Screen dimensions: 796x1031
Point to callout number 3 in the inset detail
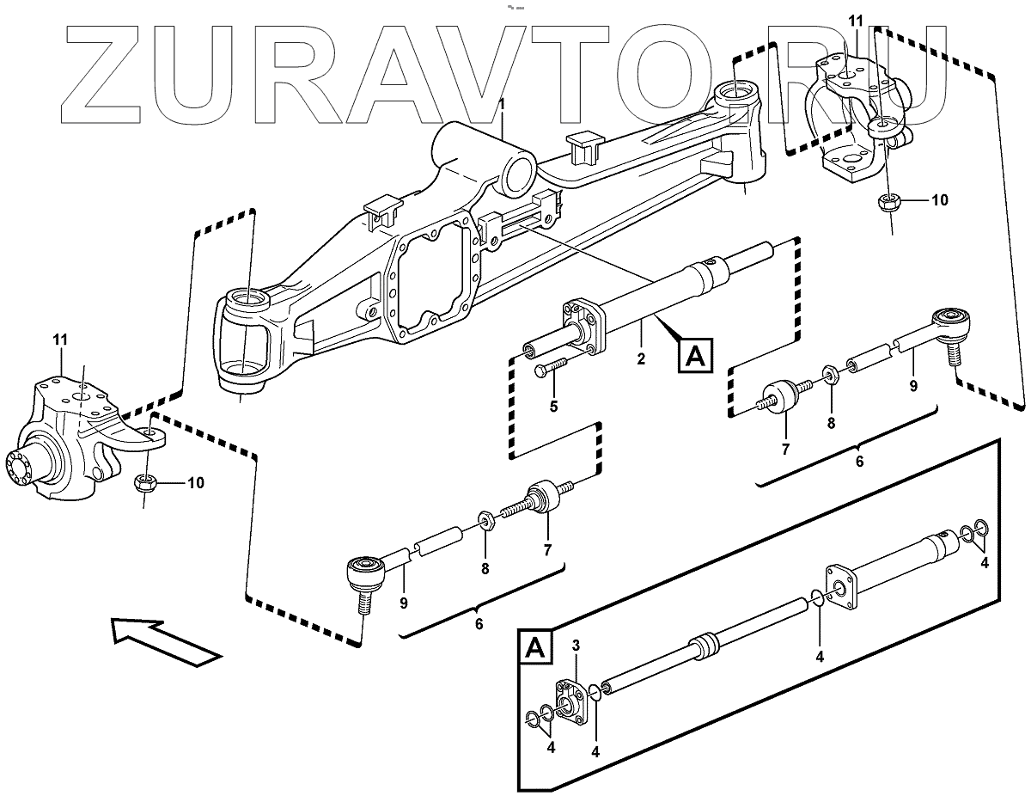tap(577, 646)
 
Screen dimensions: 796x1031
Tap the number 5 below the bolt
tap(553, 406)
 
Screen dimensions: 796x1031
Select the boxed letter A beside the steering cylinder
tap(696, 355)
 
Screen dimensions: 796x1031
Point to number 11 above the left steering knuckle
tap(59, 341)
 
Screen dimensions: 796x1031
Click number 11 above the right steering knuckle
tap(855, 20)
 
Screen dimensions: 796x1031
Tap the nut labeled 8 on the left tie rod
tap(485, 520)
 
